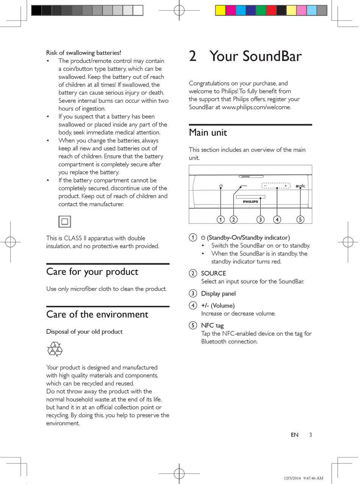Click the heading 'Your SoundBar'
pyautogui.click(x=255, y=56)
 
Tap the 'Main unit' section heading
pyautogui.click(x=208, y=133)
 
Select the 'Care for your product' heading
pyautogui.click(x=92, y=272)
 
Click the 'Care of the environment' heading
pyautogui.click(x=97, y=314)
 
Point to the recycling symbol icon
pyautogui.click(x=55, y=349)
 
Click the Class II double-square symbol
pyautogui.click(x=65, y=222)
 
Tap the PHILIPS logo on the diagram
pyautogui.click(x=250, y=202)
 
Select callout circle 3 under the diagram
pyautogui.click(x=260, y=219)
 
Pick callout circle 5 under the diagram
pyautogui.click(x=301, y=219)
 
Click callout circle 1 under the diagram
pyautogui.click(x=221, y=219)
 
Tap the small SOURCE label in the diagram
pyautogui.click(x=244, y=186)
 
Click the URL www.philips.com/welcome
pyautogui.click(x=256, y=107)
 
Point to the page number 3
pyautogui.click(x=310, y=435)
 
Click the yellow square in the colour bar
pyautogui.click(x=220, y=11)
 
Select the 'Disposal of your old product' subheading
pyautogui.click(x=84, y=332)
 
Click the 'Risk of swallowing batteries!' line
pyautogui.click(x=83, y=53)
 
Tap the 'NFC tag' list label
pyautogui.click(x=212, y=325)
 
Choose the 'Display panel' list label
pyautogui.click(x=218, y=294)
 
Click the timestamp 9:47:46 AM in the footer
pyautogui.click(x=313, y=478)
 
